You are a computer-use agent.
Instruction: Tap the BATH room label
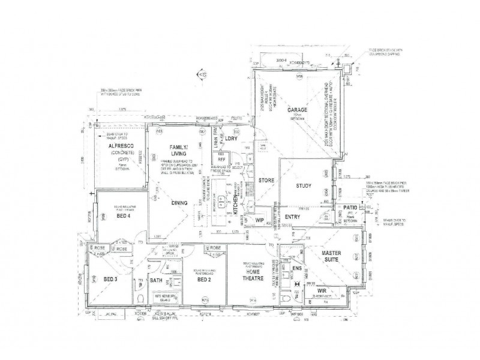coord(157,280)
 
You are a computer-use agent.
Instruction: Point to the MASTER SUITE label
coord(331,257)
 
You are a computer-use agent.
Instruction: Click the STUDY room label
coord(304,186)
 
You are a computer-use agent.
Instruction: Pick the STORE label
coord(266,180)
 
